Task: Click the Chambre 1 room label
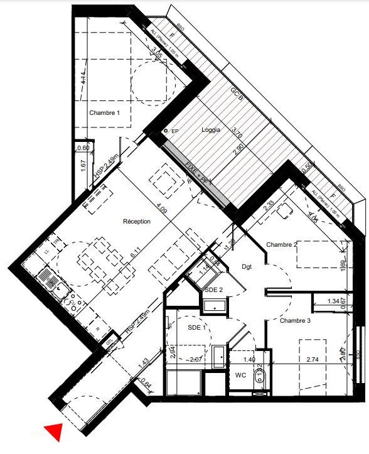click(x=104, y=113)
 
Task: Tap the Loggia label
click(x=211, y=130)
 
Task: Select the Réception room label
click(x=137, y=221)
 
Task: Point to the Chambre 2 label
click(x=282, y=244)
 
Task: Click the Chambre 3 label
click(x=295, y=320)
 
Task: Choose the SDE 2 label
click(x=213, y=289)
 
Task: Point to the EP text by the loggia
click(x=175, y=131)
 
